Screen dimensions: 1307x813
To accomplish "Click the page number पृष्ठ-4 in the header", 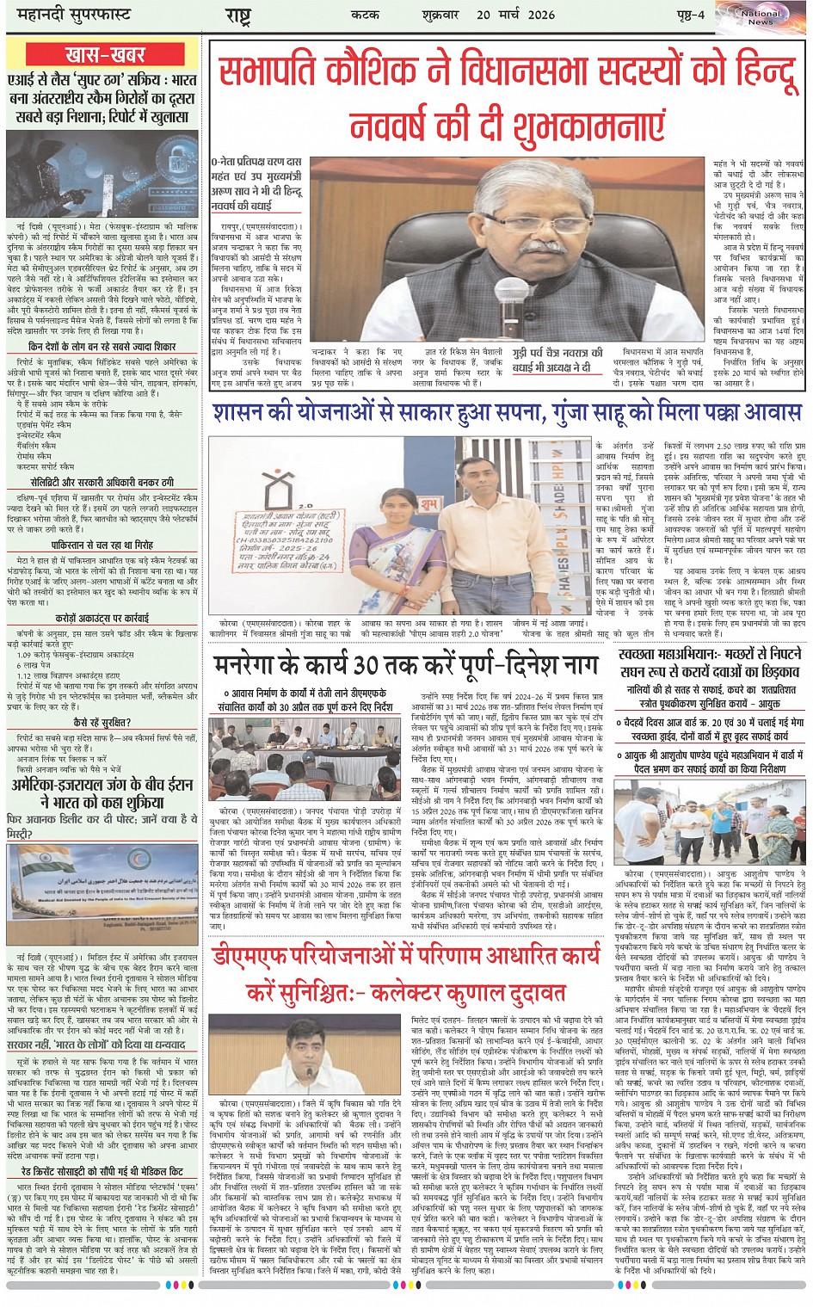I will point(690,15).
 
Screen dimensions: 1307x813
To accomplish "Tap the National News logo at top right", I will point(760,15).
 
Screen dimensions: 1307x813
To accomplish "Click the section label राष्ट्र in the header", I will point(237,15).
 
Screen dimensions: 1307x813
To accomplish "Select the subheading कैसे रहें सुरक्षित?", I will point(102,723).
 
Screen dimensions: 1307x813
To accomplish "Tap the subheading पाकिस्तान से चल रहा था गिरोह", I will point(102,546).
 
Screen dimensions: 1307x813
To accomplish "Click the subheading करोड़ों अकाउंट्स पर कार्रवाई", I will point(102,617).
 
